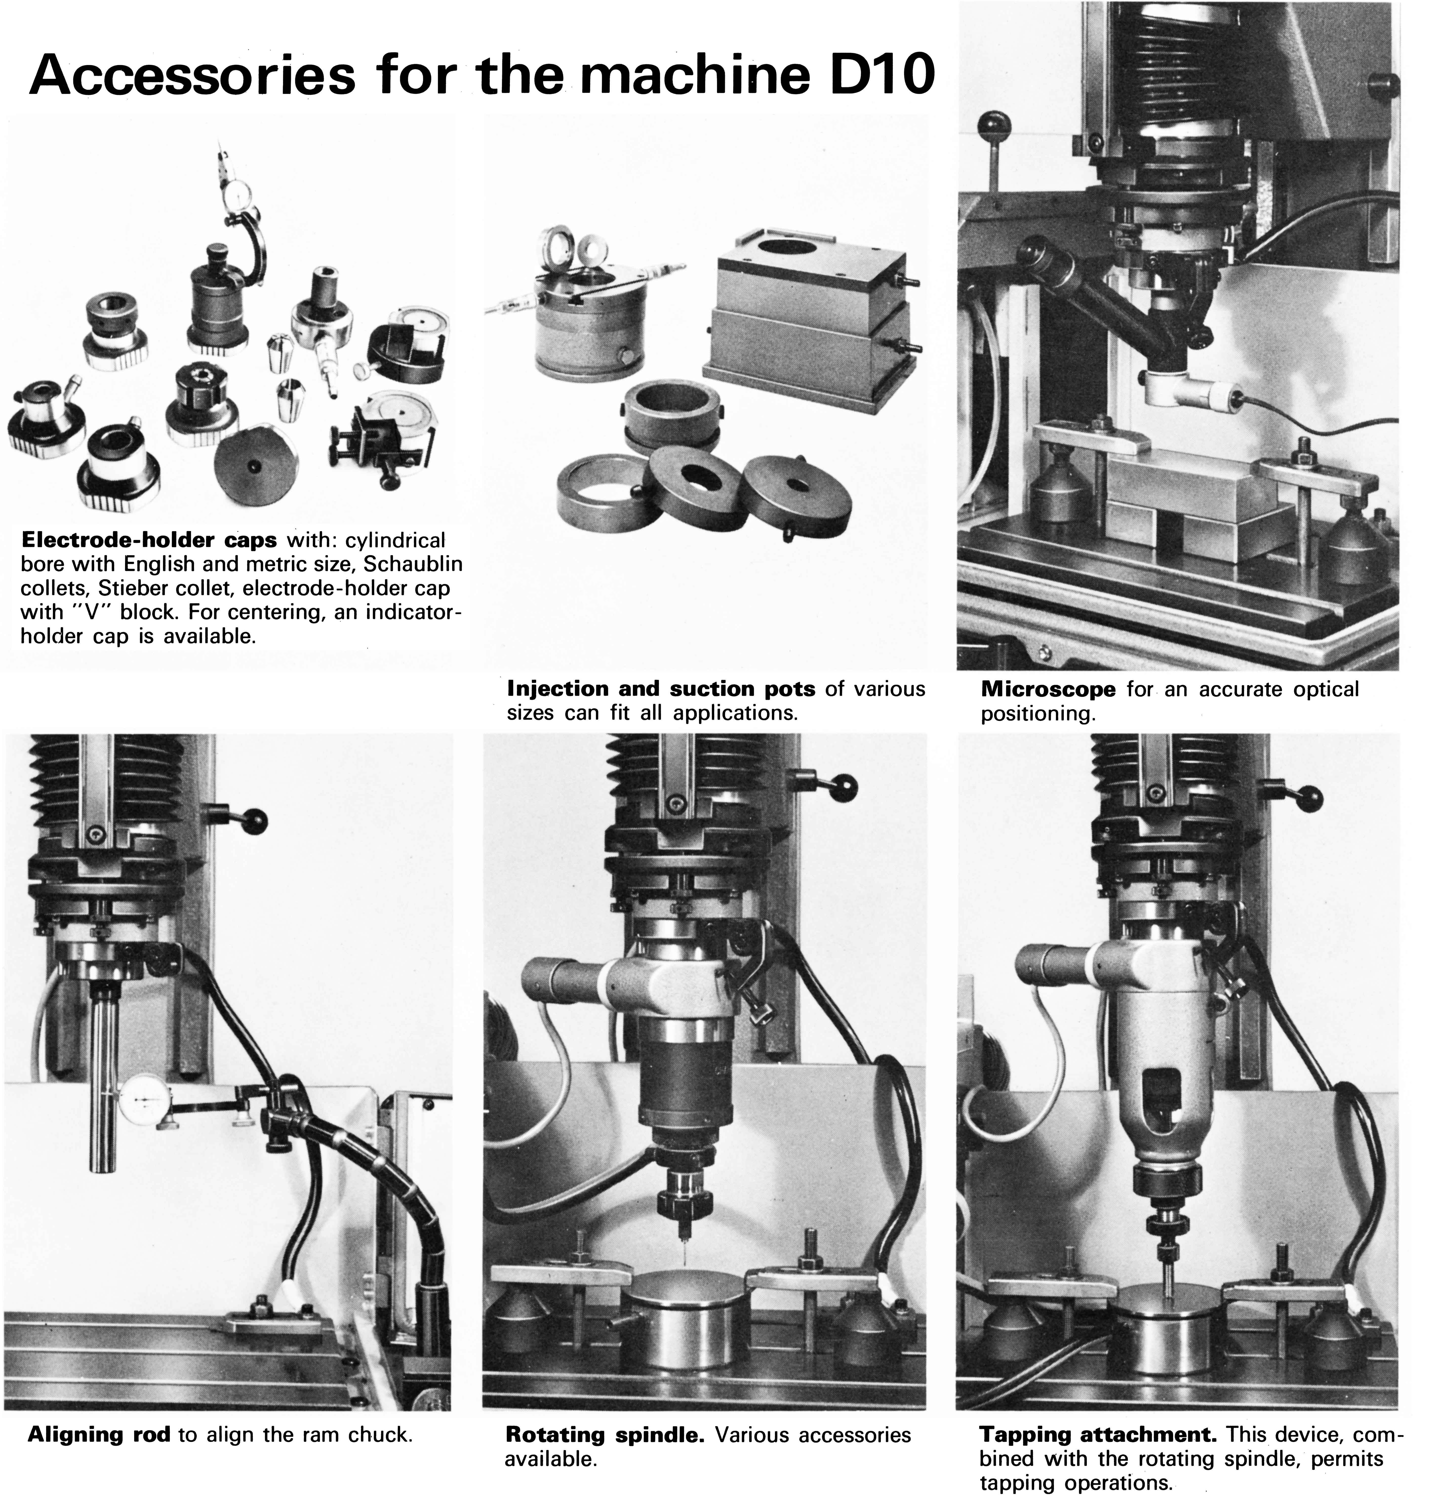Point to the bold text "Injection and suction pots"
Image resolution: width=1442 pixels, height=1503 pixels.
[x=662, y=689]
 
